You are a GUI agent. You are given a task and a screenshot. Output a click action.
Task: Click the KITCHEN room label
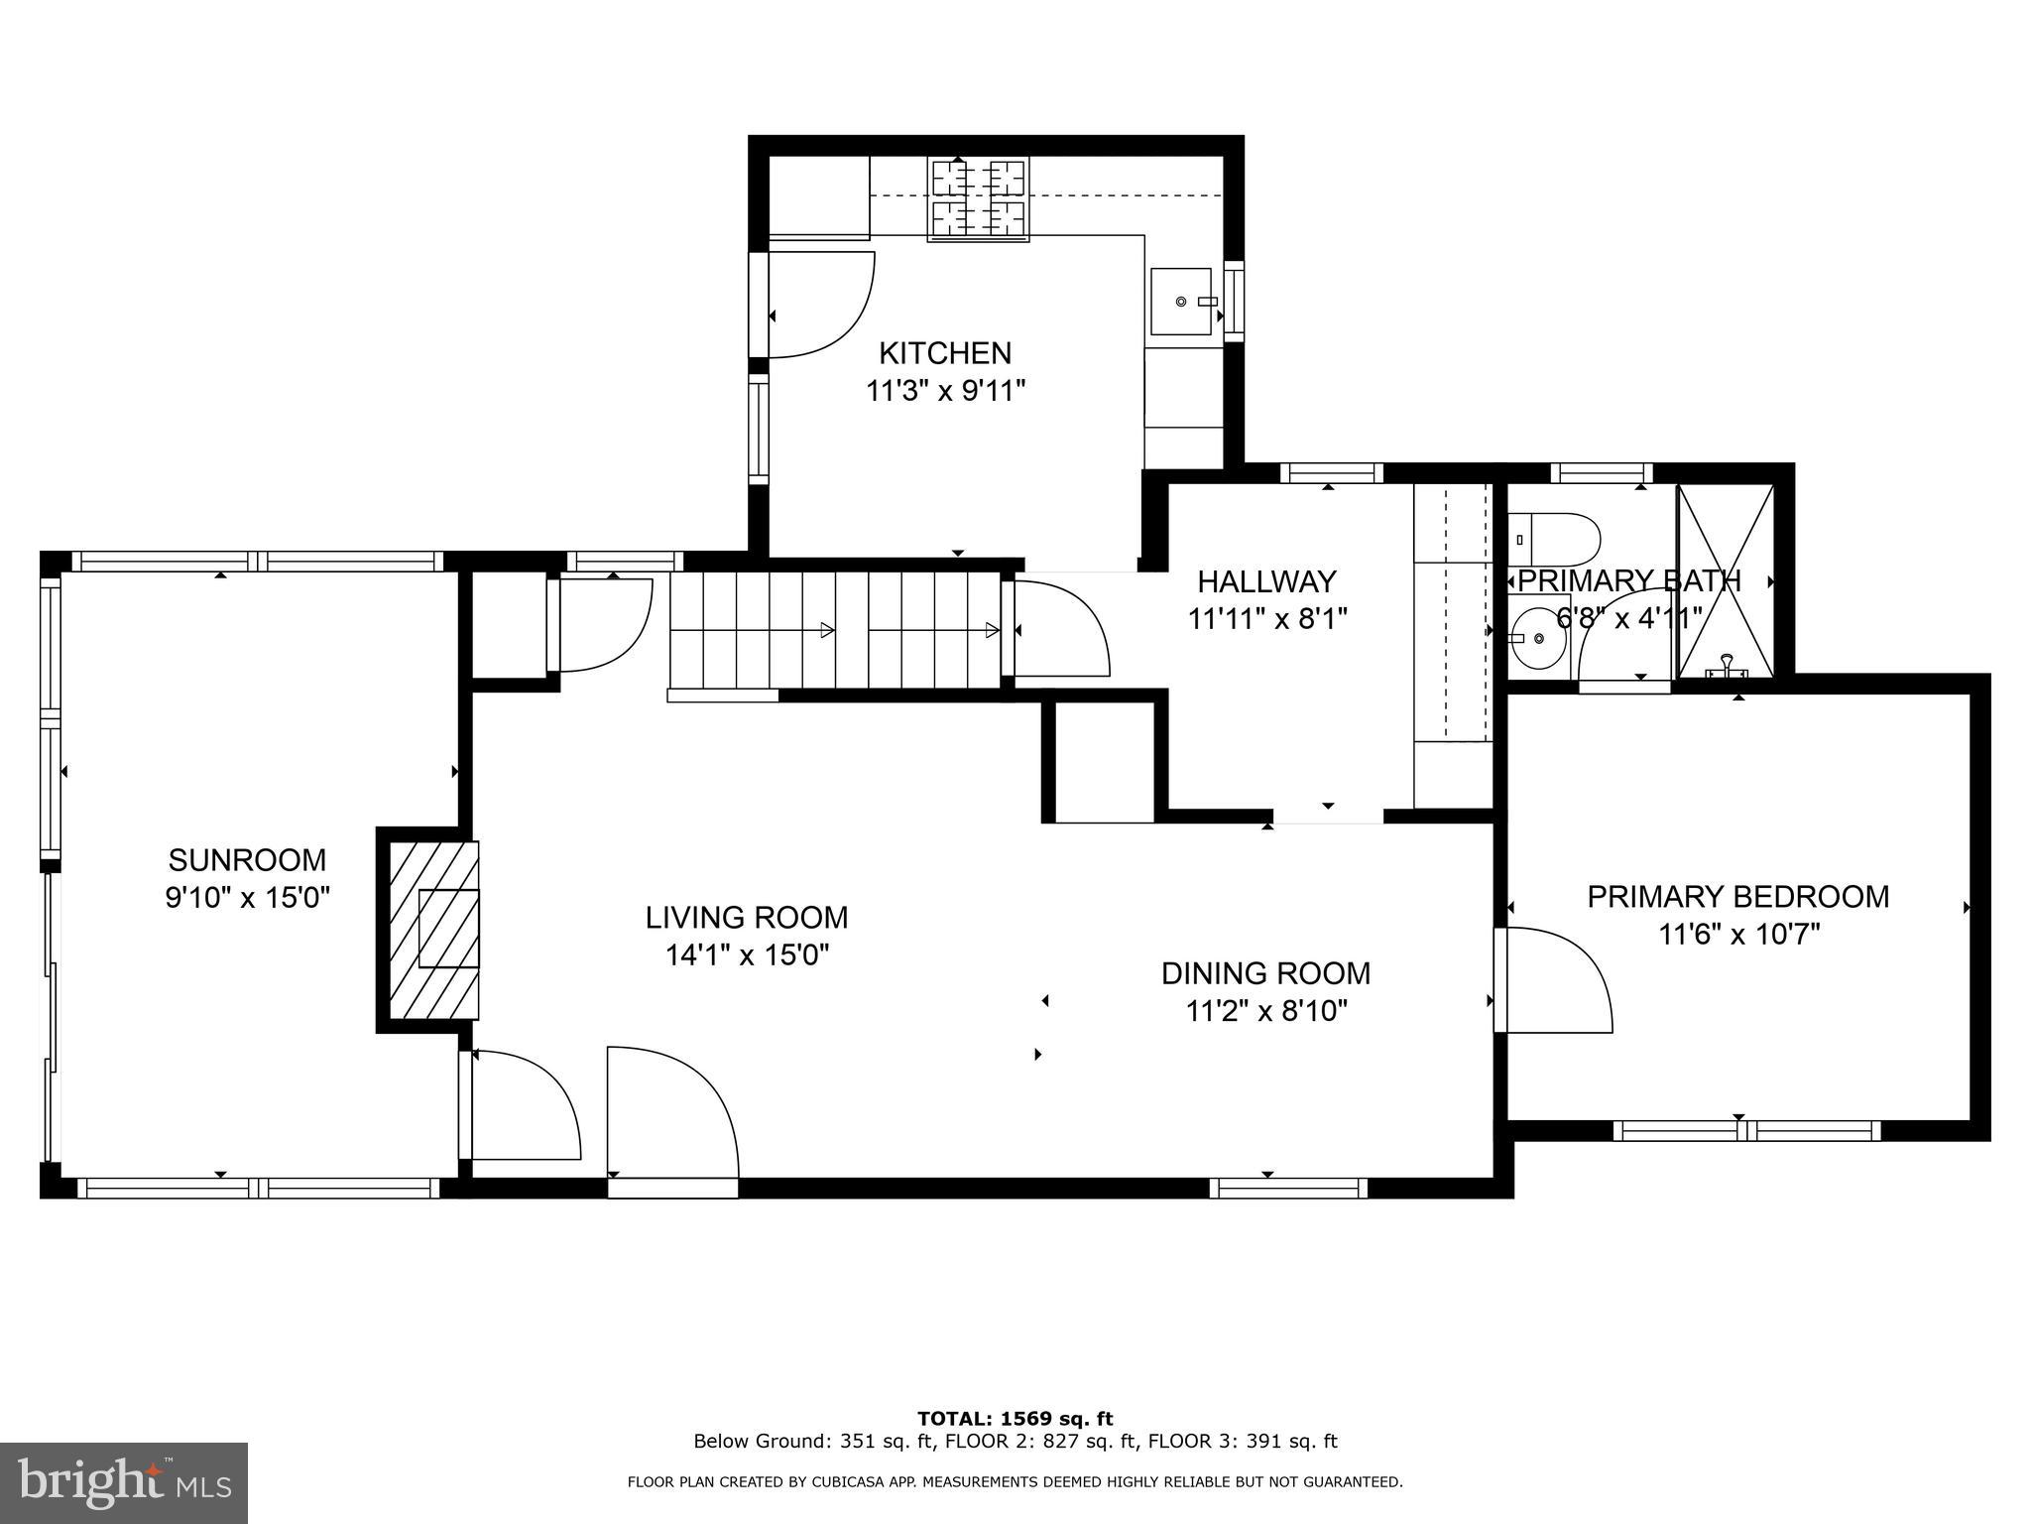945,353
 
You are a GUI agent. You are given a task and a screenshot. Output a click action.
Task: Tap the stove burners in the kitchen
978,199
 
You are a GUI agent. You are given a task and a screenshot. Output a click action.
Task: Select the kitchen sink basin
1180,301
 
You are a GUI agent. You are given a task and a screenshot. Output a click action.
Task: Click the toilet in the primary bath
1553,539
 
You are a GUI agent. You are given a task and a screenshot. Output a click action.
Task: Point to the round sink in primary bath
1537,639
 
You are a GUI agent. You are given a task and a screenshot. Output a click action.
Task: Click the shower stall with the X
1725,581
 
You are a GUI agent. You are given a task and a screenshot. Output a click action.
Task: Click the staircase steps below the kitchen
833,629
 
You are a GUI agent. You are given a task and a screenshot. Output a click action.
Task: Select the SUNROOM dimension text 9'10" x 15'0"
247,898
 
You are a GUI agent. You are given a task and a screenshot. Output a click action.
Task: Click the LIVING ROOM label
746,918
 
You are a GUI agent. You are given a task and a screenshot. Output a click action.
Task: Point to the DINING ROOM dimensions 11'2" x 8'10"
1266,1012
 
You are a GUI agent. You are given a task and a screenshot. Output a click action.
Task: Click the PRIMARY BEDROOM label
1737,897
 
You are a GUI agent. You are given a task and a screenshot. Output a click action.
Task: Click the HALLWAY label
1266,581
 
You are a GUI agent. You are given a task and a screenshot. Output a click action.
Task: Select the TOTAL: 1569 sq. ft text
1015,1419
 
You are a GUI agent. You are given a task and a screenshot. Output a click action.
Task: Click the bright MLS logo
123,1481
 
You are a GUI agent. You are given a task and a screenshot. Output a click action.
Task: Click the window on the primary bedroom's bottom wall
1746,1130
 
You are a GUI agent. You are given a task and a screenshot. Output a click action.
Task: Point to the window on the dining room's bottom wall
1287,1188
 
